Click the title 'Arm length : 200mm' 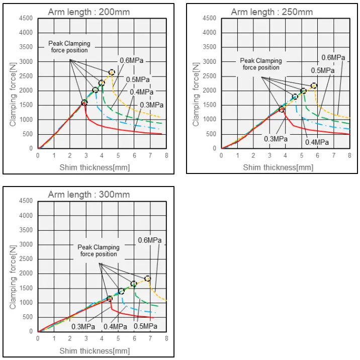click(88, 12)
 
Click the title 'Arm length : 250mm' click(272, 12)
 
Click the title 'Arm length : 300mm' click(88, 194)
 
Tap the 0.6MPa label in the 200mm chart click(132, 60)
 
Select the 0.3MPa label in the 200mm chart click(151, 105)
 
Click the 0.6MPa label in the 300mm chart click(150, 240)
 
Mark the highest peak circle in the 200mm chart click(112, 73)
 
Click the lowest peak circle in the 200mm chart click(84, 103)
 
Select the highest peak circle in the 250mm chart click(314, 86)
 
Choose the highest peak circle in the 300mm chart click(148, 279)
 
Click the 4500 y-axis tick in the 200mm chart click(27, 19)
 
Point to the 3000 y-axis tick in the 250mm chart click(210, 62)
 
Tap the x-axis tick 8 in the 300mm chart click(166, 338)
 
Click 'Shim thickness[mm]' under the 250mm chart click(272, 167)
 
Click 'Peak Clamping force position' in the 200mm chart click(68, 47)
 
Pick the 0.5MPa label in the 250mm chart click(322, 70)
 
